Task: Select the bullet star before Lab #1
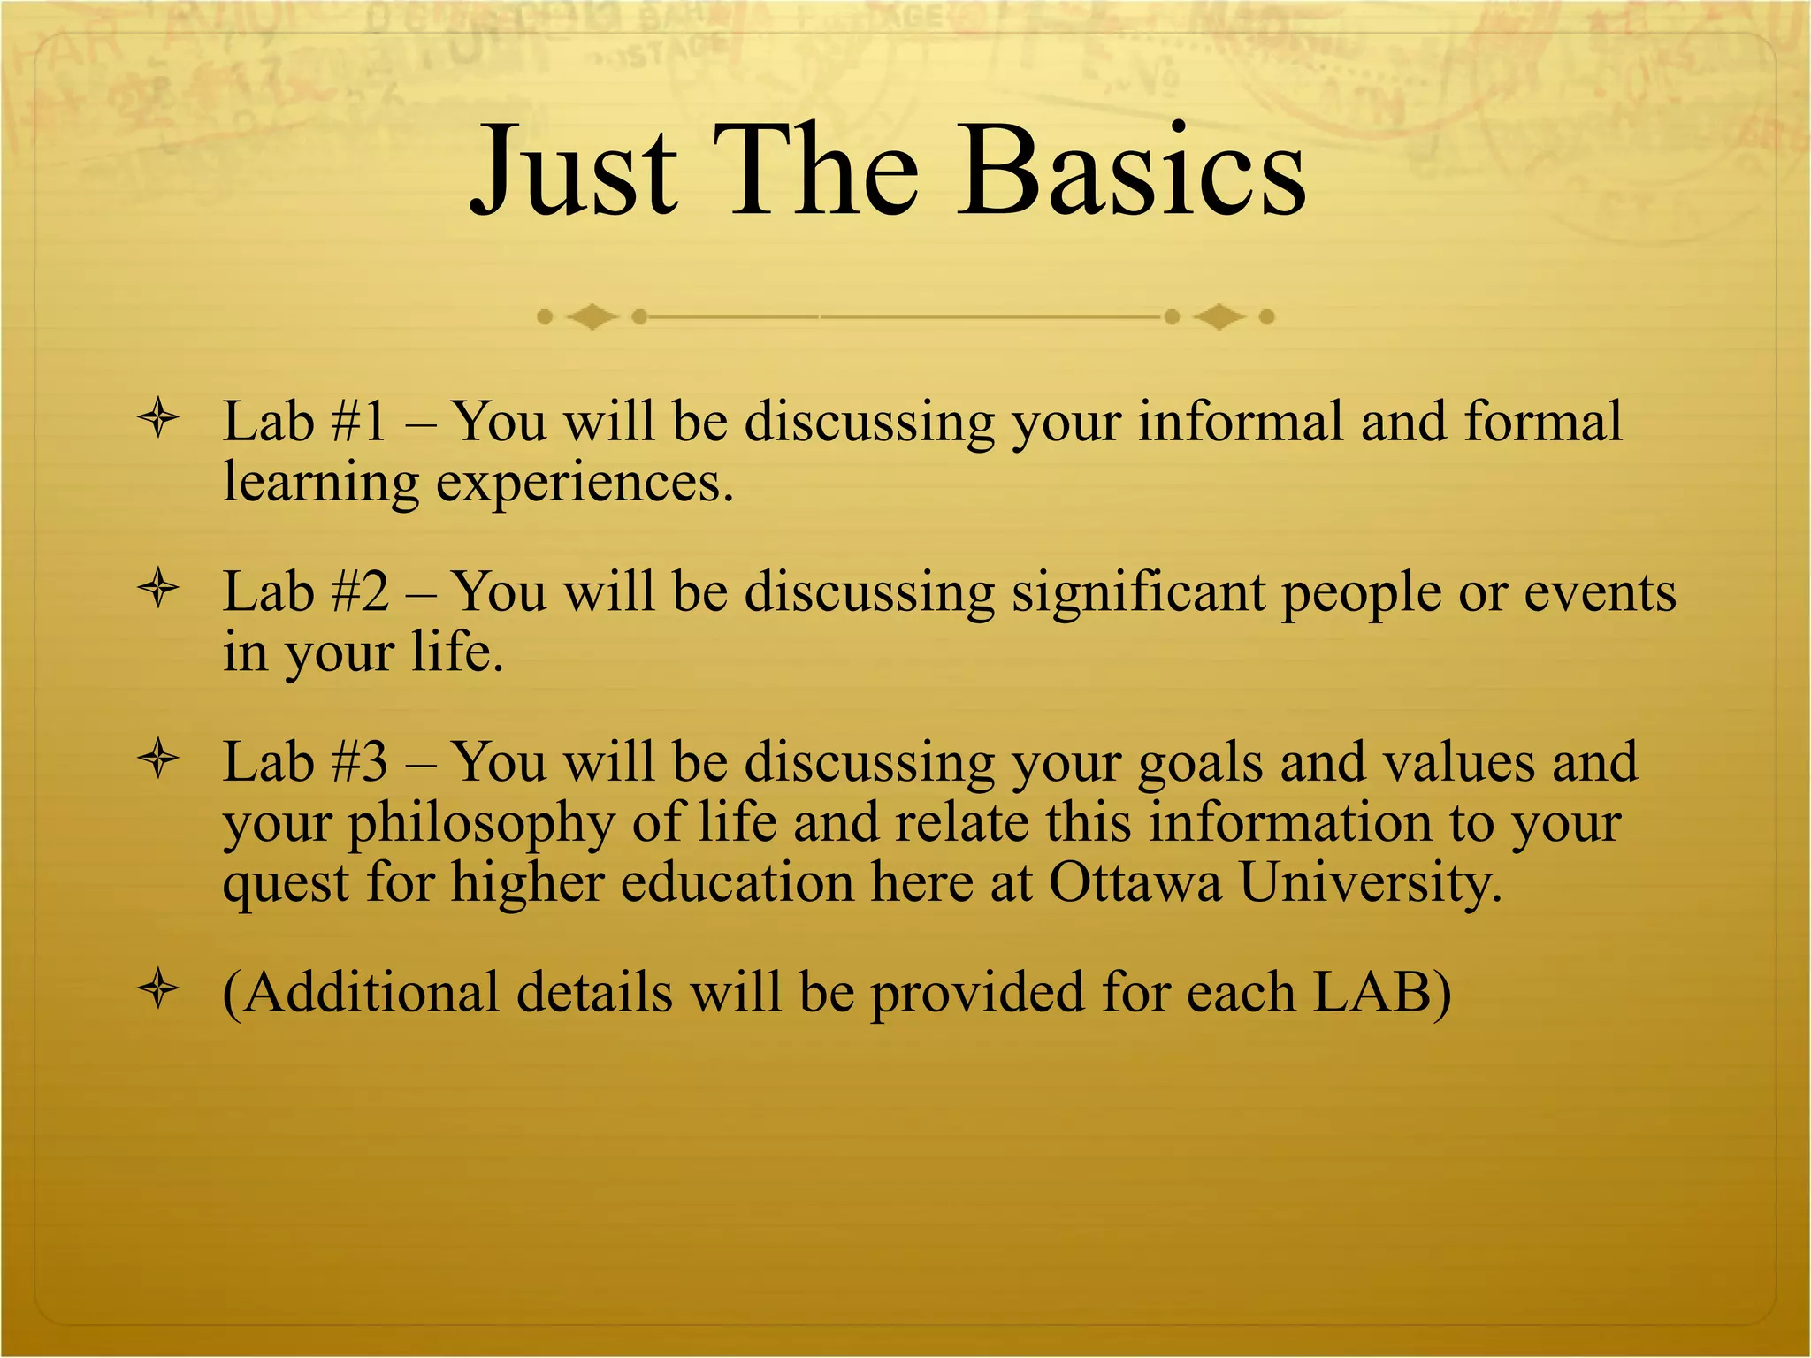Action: [159, 418]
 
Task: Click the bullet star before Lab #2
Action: [159, 589]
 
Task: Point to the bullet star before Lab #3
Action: [159, 759]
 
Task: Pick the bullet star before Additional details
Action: [159, 989]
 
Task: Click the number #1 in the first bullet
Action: [358, 421]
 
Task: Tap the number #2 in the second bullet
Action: [358, 591]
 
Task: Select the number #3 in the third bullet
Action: [358, 762]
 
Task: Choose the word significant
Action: [1139, 591]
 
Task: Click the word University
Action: [1370, 882]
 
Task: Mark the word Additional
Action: [371, 992]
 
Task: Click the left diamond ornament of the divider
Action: [592, 317]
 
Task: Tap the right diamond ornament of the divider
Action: [1219, 317]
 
